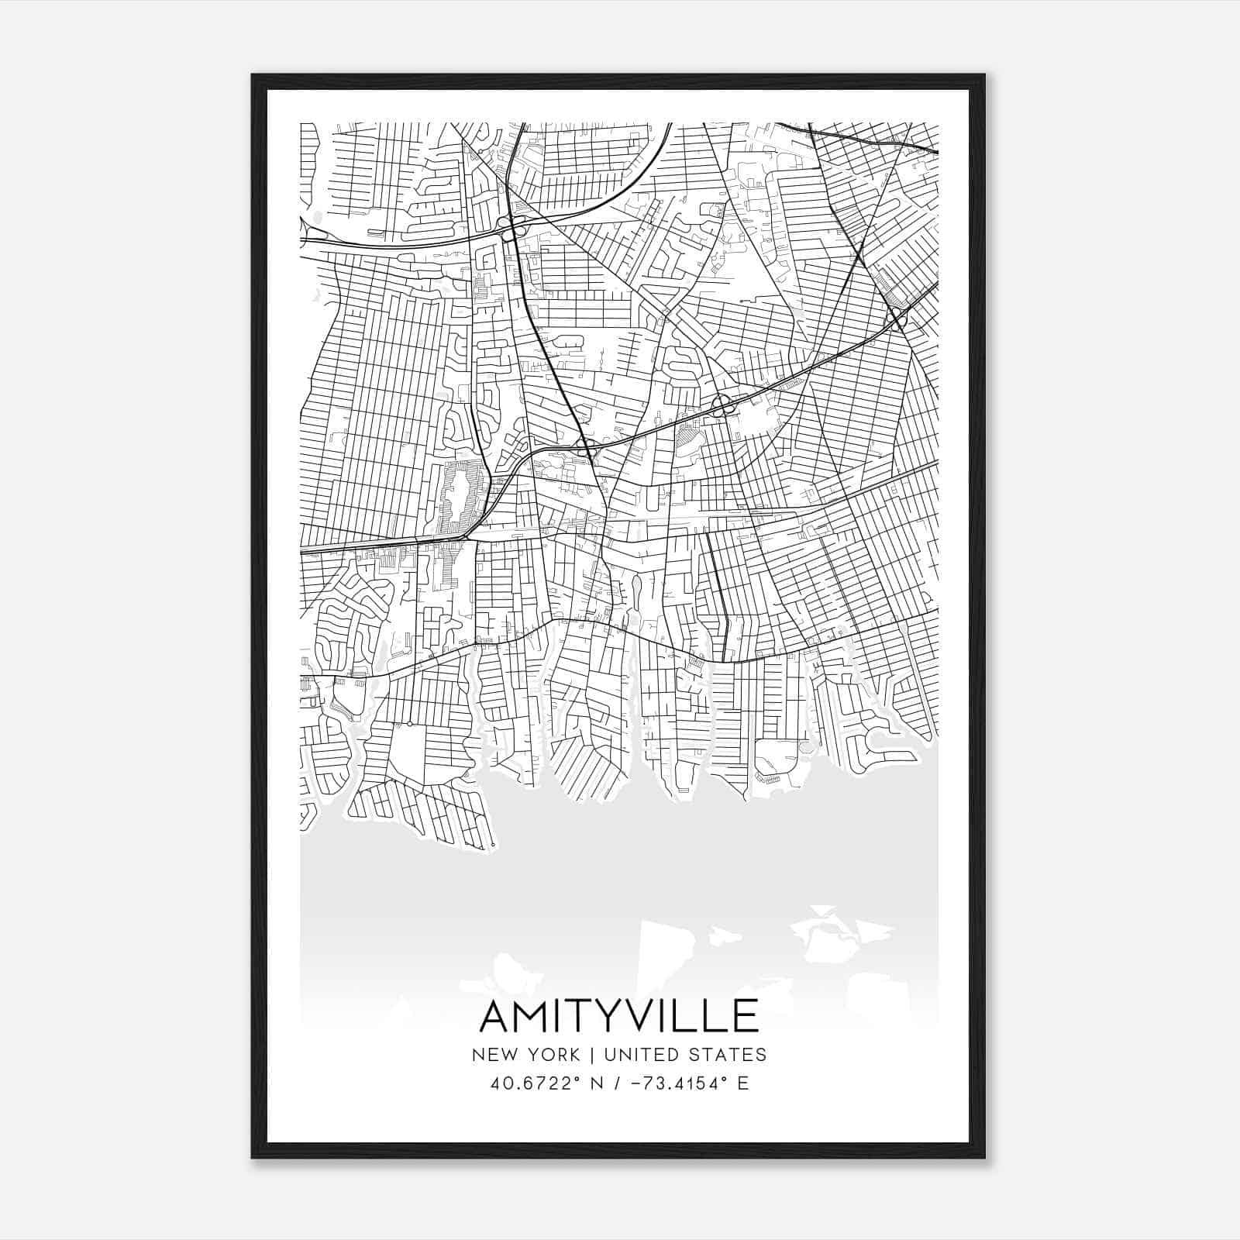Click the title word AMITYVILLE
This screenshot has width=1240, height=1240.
(619, 1016)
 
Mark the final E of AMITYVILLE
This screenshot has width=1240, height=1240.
(745, 1016)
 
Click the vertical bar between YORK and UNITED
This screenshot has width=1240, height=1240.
(591, 1055)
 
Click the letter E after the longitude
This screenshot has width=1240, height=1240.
(743, 1083)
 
